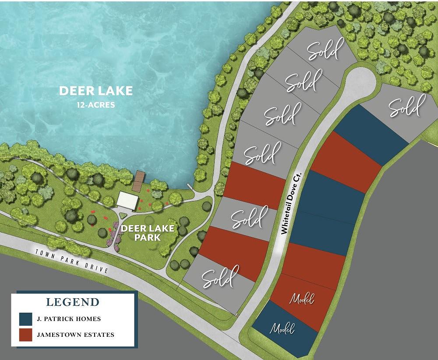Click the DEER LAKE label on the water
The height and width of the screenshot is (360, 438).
coord(96,91)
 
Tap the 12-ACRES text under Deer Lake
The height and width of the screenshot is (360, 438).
coord(96,105)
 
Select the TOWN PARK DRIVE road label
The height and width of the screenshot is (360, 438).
coord(72,261)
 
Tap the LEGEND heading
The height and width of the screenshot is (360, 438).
coord(73,302)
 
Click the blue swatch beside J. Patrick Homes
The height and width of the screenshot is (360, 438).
coord(25,319)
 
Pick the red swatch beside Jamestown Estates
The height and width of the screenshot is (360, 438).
coord(25,335)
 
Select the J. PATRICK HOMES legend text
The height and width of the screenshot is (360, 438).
coord(69,319)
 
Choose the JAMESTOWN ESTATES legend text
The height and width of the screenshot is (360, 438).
coord(76,335)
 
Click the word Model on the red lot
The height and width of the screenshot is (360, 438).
coord(302,300)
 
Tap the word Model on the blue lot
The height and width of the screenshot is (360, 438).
coord(283,328)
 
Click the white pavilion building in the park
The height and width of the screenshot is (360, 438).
coord(127,200)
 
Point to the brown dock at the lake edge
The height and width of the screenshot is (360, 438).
coord(139,180)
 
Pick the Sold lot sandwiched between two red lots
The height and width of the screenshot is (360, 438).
coord(248,218)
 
